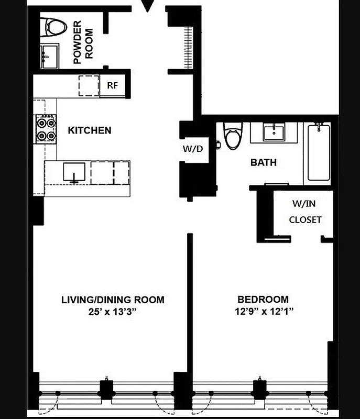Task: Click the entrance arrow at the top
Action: coord(149,6)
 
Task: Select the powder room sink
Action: coord(51,54)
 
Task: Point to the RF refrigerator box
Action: coord(113,86)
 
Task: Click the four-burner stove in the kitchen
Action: coord(46,129)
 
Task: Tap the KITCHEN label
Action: coord(90,130)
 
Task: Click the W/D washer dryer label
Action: coord(192,148)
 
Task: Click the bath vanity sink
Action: coord(273,133)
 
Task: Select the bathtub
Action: coord(318,153)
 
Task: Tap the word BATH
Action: coord(263,162)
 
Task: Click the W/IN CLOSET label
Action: coord(305,212)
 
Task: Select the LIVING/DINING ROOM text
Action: coord(113,300)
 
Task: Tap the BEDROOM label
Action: coord(263,300)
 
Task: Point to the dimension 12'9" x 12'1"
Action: coord(263,312)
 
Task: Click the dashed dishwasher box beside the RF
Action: coord(89,85)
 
